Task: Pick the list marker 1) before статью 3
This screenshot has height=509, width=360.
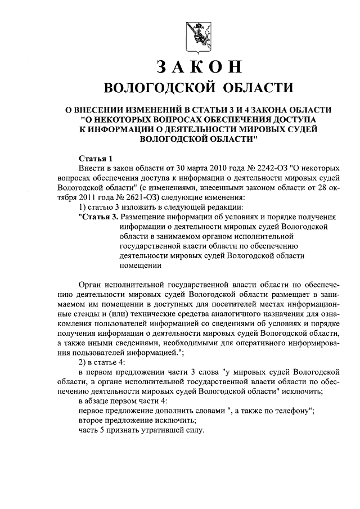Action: (x=83, y=207)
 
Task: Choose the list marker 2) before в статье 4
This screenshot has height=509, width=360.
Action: (x=83, y=362)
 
